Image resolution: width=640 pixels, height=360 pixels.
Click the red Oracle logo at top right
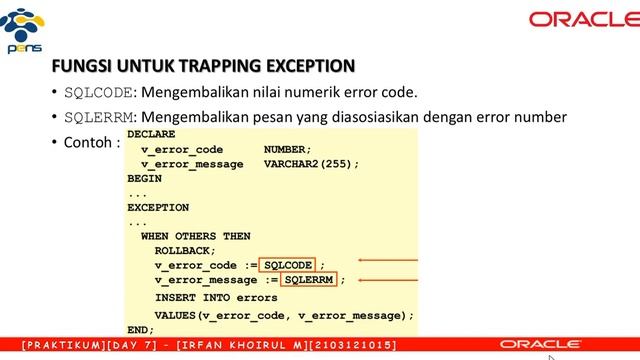point(578,18)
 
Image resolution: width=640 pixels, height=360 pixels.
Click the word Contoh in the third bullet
point(85,141)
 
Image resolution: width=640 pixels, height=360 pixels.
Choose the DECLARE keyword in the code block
point(152,132)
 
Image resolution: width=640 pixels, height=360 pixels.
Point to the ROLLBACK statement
point(185,250)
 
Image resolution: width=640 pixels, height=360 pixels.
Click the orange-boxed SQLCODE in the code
point(288,265)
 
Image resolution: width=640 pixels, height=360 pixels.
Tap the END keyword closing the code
point(141,329)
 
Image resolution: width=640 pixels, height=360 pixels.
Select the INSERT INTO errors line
point(216,297)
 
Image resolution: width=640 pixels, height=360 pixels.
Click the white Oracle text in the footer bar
point(541,344)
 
